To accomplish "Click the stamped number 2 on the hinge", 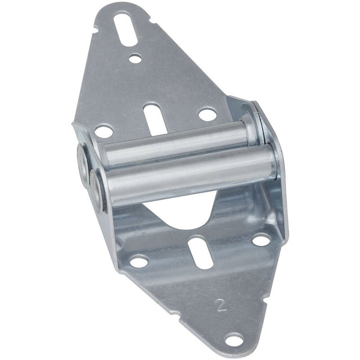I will (221, 305).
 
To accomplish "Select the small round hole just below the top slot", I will (136, 59).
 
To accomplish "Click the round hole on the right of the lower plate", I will (261, 240).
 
